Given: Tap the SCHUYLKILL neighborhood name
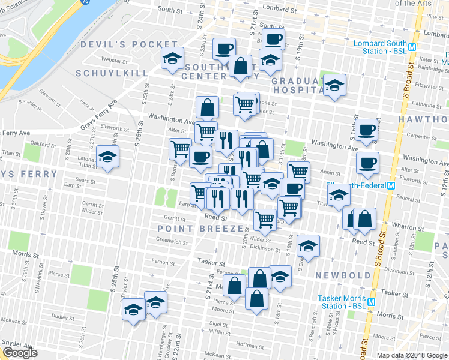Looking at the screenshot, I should point(114,73).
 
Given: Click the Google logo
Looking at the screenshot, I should point(20,353).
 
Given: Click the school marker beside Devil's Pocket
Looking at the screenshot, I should point(172,59).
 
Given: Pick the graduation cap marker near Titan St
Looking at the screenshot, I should point(108,157).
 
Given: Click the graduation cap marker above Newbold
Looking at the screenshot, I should point(309,245).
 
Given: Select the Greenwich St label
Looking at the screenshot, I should point(172,243).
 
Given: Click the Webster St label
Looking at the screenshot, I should point(115,61).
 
